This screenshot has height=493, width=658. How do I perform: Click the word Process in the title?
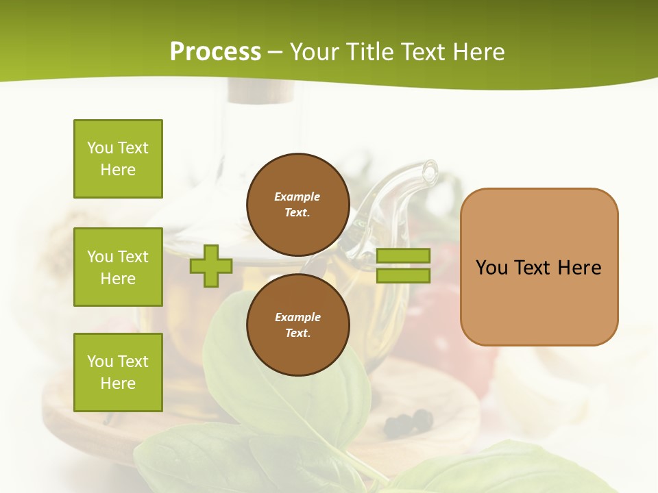215,52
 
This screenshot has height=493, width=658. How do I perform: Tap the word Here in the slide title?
477,52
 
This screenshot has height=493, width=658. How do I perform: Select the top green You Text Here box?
118,159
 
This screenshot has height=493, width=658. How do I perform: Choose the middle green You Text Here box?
118,267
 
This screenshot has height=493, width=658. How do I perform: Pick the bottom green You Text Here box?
118,372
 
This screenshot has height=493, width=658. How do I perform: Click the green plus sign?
211,266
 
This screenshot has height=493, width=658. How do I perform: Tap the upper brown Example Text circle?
297,205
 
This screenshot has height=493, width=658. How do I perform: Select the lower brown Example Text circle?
297,325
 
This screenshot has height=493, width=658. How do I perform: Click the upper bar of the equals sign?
404,255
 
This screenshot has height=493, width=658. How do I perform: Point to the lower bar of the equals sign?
404,276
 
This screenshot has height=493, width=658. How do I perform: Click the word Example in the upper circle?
297,197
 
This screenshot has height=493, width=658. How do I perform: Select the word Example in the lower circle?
297,317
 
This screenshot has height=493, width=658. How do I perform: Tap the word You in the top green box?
99,148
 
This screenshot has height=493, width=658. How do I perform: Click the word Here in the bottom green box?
118,383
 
